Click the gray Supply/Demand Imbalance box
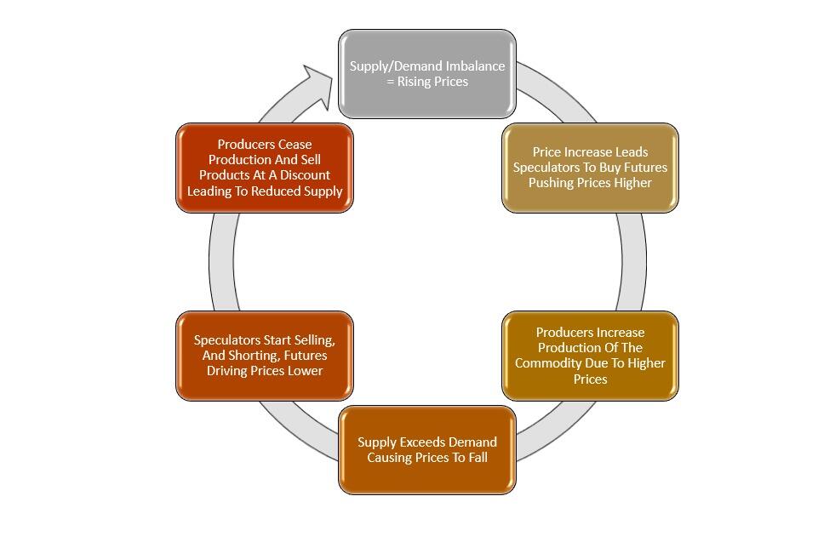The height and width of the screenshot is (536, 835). [426, 74]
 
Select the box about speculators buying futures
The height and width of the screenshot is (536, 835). [590, 168]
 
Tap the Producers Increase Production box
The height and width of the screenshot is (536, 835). [590, 356]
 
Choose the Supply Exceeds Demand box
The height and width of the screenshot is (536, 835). [426, 450]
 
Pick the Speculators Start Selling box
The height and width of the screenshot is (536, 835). [264, 356]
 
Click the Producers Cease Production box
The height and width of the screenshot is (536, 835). [264, 168]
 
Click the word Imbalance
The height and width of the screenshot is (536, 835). [475, 66]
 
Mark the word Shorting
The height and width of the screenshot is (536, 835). [252, 356]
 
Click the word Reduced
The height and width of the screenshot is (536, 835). [280, 191]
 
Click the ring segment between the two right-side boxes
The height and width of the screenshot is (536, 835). [632, 261]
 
